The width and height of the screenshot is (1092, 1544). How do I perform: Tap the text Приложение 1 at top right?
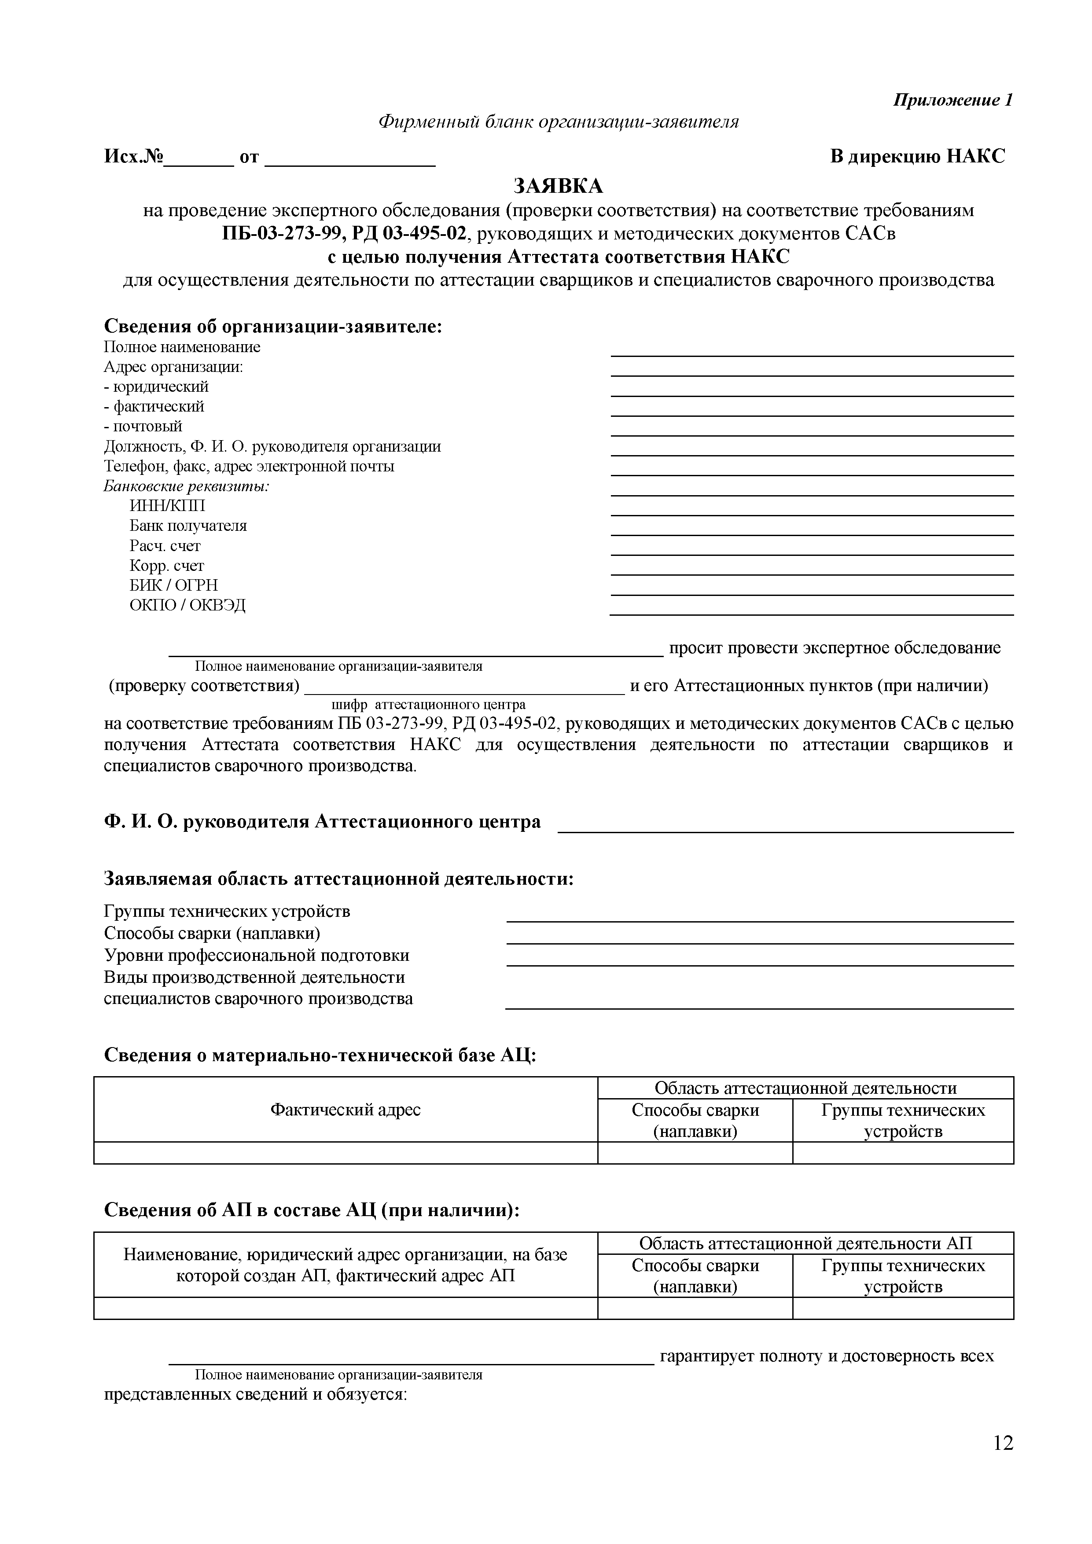point(952,100)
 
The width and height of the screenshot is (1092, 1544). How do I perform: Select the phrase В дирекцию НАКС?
point(917,157)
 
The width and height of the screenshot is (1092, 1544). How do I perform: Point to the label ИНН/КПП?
point(167,506)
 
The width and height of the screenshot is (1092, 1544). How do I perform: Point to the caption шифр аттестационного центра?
point(428,705)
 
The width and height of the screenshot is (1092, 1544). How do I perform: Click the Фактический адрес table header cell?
point(345,1110)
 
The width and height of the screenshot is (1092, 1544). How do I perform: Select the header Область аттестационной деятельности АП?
point(805,1243)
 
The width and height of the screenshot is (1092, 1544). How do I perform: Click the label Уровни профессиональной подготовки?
point(256,956)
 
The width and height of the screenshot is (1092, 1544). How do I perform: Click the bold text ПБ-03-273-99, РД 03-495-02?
point(344,234)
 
